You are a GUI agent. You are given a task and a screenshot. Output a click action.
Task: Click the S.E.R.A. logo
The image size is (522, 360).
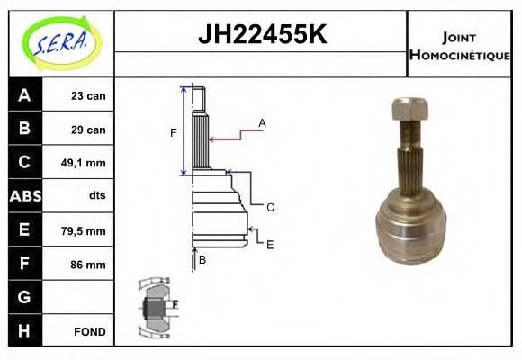pos(58,40)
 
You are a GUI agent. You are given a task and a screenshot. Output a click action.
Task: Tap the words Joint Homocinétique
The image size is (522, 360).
pos(459,45)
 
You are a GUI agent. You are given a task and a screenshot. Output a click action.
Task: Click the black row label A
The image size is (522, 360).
pos(23,95)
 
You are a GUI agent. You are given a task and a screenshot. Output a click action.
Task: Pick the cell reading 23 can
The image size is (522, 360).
pos(88,95)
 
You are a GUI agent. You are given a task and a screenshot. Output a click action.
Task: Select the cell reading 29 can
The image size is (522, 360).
pos(88,130)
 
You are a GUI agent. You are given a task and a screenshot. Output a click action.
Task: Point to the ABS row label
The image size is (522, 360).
pos(23,196)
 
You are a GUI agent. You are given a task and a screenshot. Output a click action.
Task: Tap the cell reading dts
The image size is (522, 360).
pos(97,197)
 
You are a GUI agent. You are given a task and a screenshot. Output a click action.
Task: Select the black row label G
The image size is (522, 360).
pos(23,297)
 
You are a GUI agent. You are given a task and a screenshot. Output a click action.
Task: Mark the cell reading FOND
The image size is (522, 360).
pos(90,331)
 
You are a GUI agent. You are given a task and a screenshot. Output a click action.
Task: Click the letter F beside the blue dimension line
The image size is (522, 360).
pos(173,133)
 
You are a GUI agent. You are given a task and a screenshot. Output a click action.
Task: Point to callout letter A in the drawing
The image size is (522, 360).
pos(262,122)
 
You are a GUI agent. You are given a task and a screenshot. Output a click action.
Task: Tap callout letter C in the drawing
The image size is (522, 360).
pos(269,207)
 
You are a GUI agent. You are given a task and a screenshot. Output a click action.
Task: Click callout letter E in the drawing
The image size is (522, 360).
pos(269,244)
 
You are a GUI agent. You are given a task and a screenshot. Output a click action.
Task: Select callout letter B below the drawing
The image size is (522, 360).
pos(202,259)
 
